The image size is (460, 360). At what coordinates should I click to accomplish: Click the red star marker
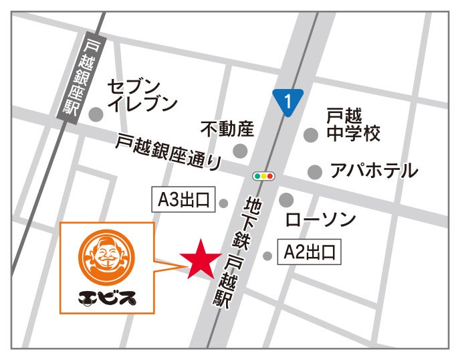point(199,260)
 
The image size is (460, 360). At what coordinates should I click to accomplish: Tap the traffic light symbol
point(264,177)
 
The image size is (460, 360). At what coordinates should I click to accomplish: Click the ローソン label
point(320,219)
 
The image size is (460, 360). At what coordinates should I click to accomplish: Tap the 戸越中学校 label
point(353,124)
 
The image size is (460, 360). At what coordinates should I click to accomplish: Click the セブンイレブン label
point(142,95)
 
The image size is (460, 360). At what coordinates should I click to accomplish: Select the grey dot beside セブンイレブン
point(96,114)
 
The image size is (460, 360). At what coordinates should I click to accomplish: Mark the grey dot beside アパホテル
point(314,172)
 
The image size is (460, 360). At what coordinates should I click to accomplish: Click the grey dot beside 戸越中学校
point(310,135)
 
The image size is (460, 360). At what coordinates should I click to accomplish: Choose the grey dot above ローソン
point(287,199)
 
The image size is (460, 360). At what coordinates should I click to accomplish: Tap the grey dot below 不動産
point(240,151)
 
